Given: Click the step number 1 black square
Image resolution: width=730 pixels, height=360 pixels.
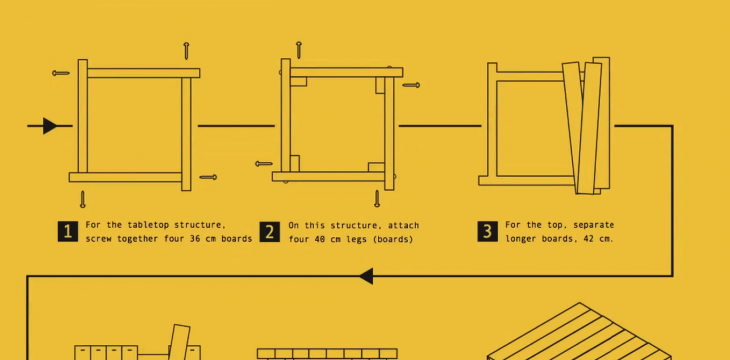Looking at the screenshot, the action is point(68,231).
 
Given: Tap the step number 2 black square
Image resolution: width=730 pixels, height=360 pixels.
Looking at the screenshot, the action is point(270,231).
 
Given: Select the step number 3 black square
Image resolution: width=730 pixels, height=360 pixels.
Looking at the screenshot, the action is point(487,231).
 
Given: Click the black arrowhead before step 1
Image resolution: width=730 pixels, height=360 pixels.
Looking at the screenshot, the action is point(50,126).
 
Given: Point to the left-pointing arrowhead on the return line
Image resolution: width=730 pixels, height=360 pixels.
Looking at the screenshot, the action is point(366,276).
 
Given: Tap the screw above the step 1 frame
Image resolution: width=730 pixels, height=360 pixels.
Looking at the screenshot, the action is point(186,51).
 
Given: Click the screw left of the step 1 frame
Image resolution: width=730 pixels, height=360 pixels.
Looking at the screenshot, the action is point(61,73).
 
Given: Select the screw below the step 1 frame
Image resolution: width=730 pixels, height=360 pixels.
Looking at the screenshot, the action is point(82,199).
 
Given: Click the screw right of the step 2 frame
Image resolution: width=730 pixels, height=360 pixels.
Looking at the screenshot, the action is point(411,85).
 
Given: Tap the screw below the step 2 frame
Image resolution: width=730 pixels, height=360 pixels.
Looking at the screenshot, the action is point(377,198).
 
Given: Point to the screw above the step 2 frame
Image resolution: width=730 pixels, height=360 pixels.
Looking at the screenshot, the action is point(298,50).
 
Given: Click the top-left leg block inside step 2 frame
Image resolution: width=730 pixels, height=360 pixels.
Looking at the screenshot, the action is point(298,82).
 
